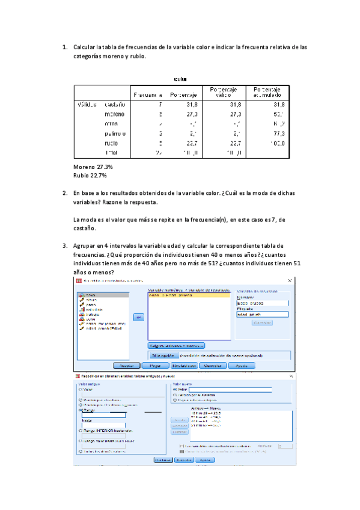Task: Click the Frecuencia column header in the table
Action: click(148, 95)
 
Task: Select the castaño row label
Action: click(114, 104)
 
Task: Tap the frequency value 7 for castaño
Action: click(160, 104)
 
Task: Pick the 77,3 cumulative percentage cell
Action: click(275, 134)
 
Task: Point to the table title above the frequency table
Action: click(180, 79)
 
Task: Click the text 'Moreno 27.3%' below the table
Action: click(93, 167)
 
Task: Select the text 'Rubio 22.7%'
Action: click(90, 176)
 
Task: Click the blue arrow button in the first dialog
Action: click(138, 317)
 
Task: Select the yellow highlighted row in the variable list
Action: click(189, 296)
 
